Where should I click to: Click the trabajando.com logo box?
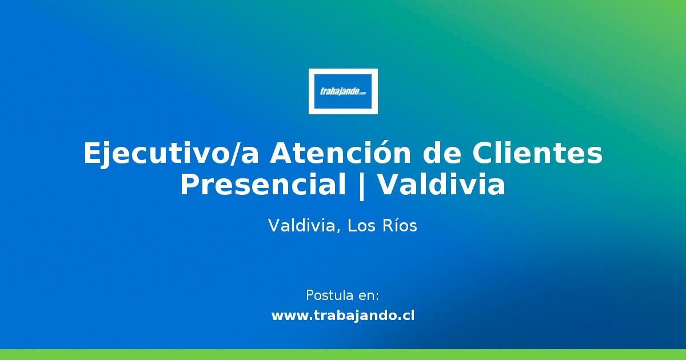[343, 91]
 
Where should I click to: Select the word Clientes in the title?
[537, 153]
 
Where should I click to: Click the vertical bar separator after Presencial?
[362, 186]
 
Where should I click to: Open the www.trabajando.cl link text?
[343, 315]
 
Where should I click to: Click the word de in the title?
[441, 153]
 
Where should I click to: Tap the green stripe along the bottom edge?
[343, 354]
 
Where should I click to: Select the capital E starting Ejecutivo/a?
[93, 153]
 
